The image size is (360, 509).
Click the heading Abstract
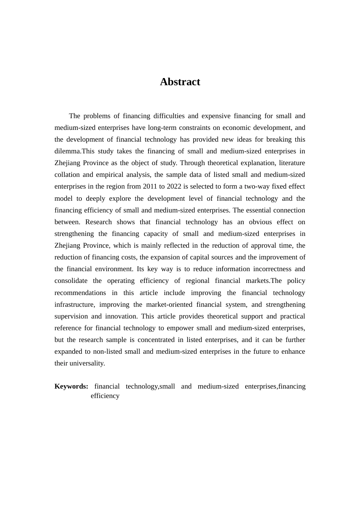pyautogui.click(x=180, y=82)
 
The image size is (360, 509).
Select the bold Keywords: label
pyautogui.click(x=71, y=386)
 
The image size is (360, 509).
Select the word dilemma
pyautogui.click(x=67, y=151)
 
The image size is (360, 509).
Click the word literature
pyautogui.click(x=292, y=163)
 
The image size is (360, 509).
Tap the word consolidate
pyautogui.click(x=71, y=281)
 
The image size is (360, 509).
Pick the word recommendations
pyautogui.click(x=80, y=293)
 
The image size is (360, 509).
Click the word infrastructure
pyautogui.click(x=74, y=304)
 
